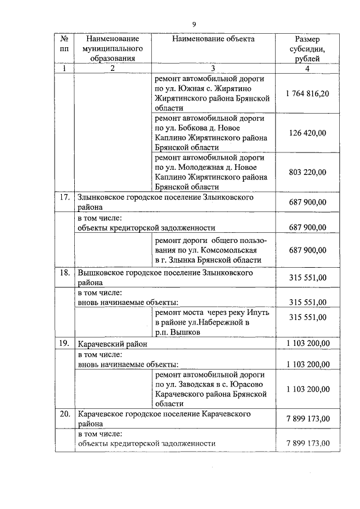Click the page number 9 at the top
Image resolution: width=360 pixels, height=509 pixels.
click(x=193, y=24)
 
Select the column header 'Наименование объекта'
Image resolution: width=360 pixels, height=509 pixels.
click(x=213, y=39)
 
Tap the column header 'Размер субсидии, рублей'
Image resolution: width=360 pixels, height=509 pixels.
click(x=307, y=48)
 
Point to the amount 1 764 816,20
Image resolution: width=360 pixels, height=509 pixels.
click(x=307, y=93)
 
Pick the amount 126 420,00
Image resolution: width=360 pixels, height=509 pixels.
click(x=307, y=133)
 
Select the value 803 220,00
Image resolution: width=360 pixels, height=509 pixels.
click(x=307, y=172)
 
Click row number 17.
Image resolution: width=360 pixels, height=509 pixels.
click(x=65, y=197)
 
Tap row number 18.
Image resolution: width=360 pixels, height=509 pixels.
click(x=65, y=272)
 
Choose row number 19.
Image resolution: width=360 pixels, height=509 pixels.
click(x=65, y=343)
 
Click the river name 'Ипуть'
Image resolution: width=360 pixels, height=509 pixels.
click(x=258, y=312)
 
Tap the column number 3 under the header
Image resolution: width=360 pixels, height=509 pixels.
click(x=213, y=68)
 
